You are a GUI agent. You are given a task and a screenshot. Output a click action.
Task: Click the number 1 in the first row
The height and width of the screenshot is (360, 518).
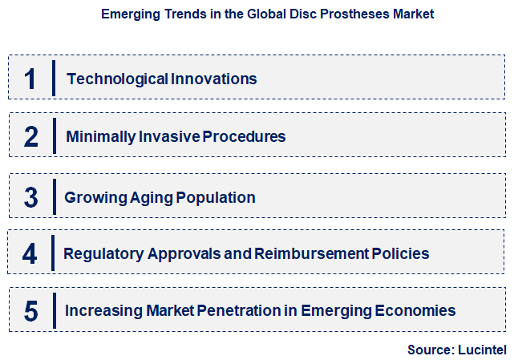click(30, 79)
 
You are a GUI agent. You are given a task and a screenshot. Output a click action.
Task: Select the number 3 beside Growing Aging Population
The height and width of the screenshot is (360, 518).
click(31, 197)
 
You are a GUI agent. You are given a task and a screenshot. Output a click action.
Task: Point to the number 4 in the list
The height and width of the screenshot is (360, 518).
click(30, 254)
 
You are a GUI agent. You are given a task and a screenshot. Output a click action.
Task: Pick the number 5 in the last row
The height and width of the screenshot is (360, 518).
click(31, 311)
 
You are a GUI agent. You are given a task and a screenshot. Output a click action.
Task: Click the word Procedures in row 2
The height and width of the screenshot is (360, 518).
click(244, 136)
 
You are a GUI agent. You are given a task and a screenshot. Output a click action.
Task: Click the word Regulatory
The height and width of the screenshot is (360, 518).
click(104, 254)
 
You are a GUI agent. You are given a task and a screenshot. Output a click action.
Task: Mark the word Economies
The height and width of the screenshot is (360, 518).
click(409, 310)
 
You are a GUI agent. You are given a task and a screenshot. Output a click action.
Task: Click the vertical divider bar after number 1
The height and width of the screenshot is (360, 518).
click(53, 79)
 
